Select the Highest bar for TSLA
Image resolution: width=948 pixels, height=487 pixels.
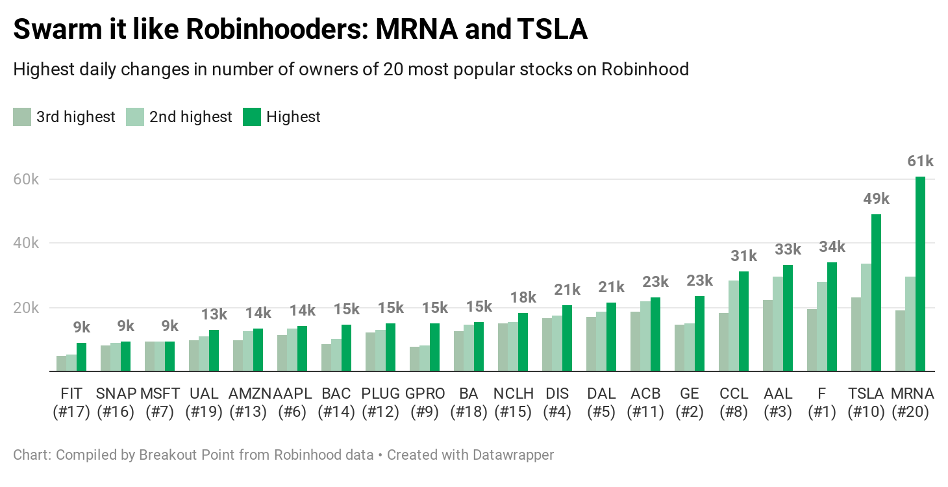pos(876,293)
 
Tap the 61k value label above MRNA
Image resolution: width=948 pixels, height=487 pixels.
pos(920,162)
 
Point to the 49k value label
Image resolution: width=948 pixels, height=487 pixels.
pos(876,199)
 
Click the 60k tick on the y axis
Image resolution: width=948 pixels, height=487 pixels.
pos(27,179)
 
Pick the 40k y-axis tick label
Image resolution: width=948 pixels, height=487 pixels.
pos(27,243)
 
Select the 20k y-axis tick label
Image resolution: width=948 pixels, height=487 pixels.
pos(27,308)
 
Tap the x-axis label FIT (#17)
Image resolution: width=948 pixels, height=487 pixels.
pos(71,403)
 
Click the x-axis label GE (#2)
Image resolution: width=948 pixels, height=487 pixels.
pos(689,403)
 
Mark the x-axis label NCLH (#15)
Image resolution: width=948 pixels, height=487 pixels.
pos(512,403)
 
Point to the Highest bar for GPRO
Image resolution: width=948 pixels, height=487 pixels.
pos(434,347)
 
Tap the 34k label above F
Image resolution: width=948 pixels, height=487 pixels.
pos(832,247)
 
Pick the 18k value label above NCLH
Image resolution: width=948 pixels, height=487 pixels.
pos(523,297)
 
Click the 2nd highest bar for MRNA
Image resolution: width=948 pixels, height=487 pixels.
pos(910,324)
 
